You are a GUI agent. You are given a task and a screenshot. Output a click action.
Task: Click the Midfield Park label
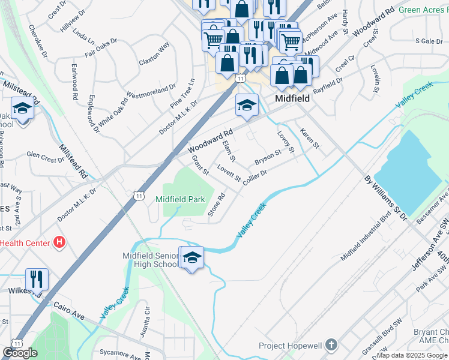[x=180, y=199]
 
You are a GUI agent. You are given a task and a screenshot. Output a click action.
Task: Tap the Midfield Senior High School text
[x=151, y=260]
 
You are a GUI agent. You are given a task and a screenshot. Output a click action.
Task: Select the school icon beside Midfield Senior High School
[x=193, y=258]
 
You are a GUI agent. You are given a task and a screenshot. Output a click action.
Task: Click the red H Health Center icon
[x=59, y=242]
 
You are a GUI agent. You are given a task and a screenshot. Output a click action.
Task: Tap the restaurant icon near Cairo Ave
[x=37, y=279]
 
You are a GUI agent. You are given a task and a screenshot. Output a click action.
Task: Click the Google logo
[x=20, y=353]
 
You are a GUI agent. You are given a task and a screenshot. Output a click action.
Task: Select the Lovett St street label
[x=229, y=173]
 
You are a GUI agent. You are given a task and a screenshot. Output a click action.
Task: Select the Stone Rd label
[x=216, y=205]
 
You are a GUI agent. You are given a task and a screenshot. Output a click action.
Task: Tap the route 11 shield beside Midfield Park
[x=139, y=196]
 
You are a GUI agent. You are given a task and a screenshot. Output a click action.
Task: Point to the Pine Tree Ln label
[x=182, y=90]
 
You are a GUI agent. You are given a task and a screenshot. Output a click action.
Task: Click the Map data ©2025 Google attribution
[x=412, y=355]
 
